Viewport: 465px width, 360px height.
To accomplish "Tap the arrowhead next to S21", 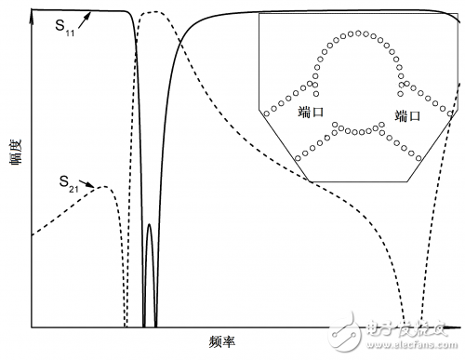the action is point(94,188).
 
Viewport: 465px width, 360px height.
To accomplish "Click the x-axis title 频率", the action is point(223,342).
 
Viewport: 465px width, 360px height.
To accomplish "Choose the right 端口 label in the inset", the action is point(407,116).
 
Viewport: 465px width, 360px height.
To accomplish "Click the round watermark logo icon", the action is point(355,328).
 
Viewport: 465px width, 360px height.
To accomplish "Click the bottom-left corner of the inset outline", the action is point(310,180).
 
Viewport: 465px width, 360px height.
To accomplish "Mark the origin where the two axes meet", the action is point(33,327).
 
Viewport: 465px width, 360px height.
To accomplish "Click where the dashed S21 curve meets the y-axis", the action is point(33,235).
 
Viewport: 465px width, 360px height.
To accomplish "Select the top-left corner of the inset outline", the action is point(259,13).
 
